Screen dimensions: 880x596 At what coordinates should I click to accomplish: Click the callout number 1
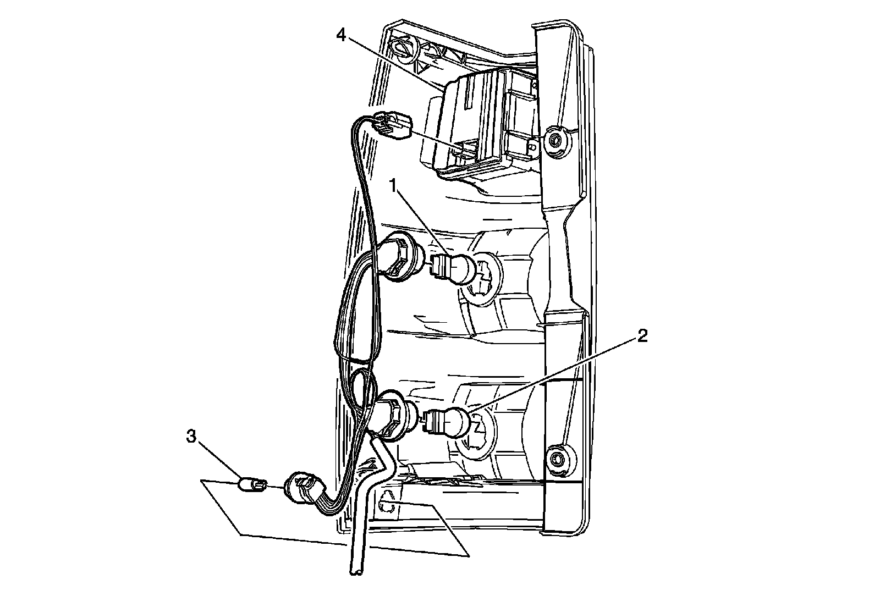coord(393,186)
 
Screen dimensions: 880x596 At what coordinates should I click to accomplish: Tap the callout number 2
coord(642,336)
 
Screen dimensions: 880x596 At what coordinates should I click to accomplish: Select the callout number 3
coord(191,437)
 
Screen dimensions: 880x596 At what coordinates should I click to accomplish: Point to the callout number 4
coord(341,36)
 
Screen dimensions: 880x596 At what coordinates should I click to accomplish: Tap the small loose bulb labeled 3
coord(252,485)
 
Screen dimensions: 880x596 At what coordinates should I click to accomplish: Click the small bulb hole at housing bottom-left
coord(387,503)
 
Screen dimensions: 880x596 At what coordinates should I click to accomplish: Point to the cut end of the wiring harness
coord(355,573)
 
